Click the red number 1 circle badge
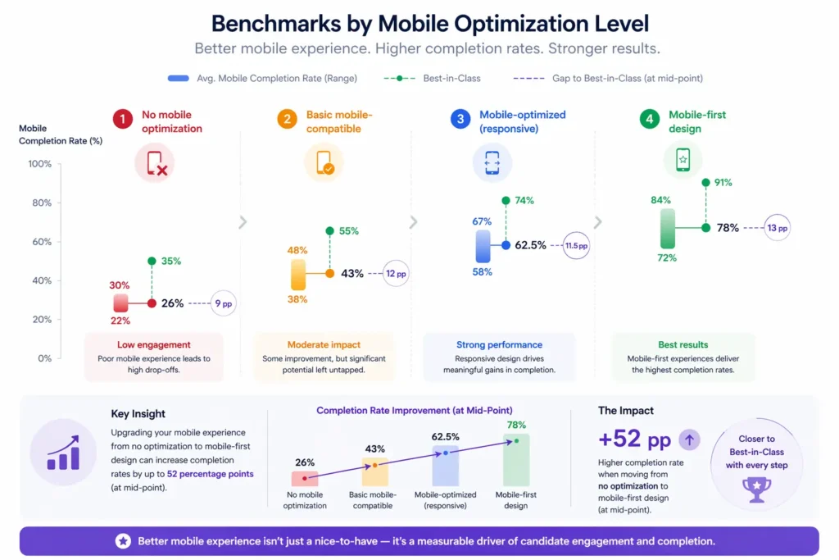pyautogui.click(x=122, y=120)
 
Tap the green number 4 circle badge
pyautogui.click(x=649, y=120)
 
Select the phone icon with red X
pyautogui.click(x=155, y=163)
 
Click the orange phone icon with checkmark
pyautogui.click(x=324, y=163)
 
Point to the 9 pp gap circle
pyautogui.click(x=223, y=303)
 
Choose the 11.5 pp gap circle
pyautogui.click(x=576, y=245)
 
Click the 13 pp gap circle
pyautogui.click(x=777, y=229)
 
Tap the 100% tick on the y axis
pyautogui.click(x=39, y=164)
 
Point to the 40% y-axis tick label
pyautogui.click(x=41, y=280)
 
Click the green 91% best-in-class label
pyautogui.click(x=723, y=183)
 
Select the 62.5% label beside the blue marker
pyautogui.click(x=530, y=245)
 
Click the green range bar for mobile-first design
pyautogui.click(x=668, y=228)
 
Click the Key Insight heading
pyautogui.click(x=138, y=414)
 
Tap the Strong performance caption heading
pyautogui.click(x=499, y=344)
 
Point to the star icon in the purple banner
pyautogui.click(x=122, y=541)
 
